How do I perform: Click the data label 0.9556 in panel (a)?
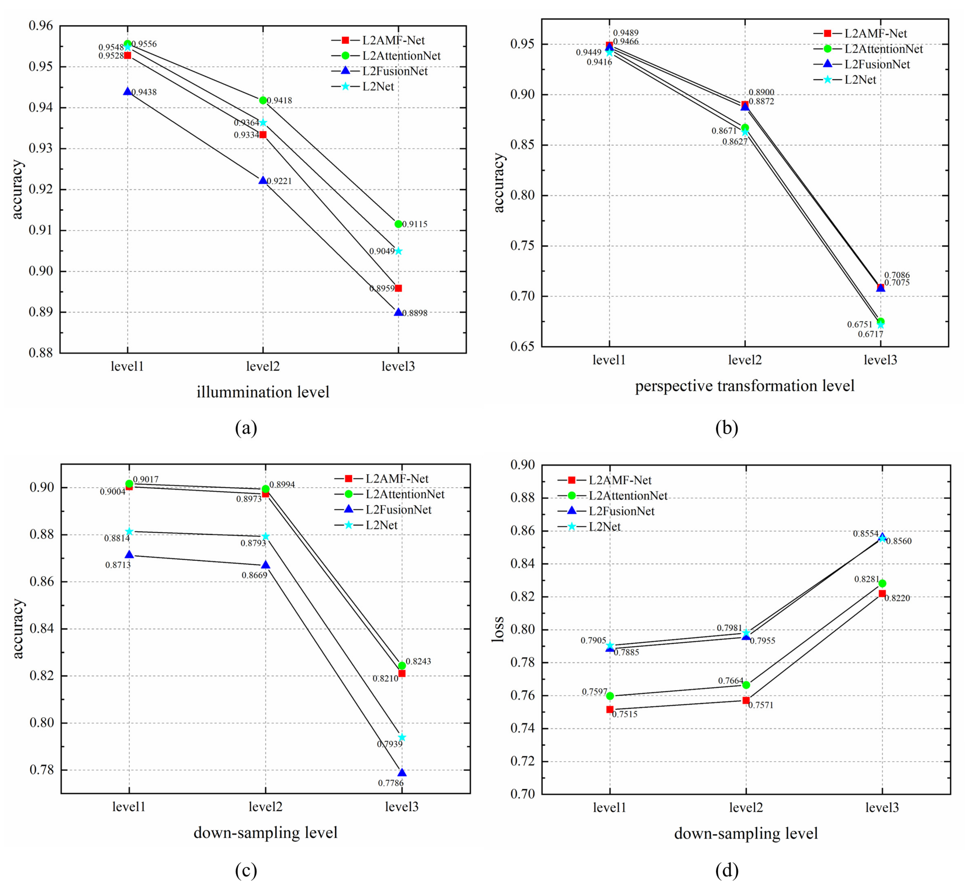[144, 44]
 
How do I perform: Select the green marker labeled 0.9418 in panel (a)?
[263, 100]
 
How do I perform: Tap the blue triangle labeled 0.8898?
[398, 312]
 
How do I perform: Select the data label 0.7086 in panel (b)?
[897, 275]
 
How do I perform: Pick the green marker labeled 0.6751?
[881, 321]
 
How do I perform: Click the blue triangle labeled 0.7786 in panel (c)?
[402, 772]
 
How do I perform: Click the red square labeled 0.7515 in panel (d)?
[610, 710]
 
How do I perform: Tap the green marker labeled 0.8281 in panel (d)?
[882, 584]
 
